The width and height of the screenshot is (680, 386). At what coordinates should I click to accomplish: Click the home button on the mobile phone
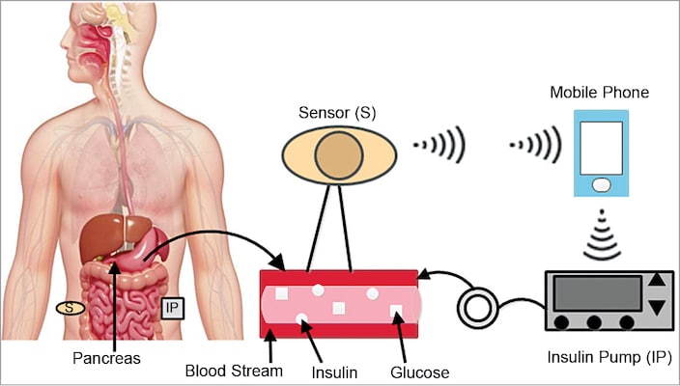601,183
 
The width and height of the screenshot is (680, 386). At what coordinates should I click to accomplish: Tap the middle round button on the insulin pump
594,322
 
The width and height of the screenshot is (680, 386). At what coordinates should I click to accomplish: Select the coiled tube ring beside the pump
476,309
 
